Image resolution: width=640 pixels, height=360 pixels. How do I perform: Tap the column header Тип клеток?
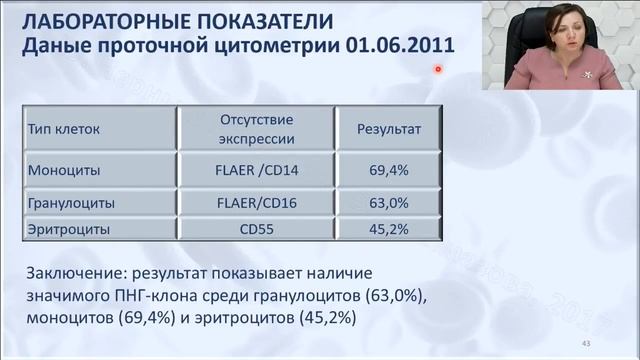pos(63,129)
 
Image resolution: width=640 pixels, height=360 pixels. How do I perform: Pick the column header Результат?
pos(389,129)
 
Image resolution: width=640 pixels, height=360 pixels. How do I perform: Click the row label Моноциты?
pos(64,171)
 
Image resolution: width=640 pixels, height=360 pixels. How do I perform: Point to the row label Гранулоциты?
pos(71,203)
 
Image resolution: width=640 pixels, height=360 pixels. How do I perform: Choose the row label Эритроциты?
pos(67,229)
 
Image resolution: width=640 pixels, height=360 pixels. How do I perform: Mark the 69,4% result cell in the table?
pos(389,171)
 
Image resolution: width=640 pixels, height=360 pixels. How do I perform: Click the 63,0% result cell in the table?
pos(389,203)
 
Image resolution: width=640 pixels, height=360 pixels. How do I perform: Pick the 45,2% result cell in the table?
pos(389,229)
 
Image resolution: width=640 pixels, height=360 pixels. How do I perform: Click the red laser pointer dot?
pos(438,69)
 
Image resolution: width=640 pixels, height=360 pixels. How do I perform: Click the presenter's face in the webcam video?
pos(559,30)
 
